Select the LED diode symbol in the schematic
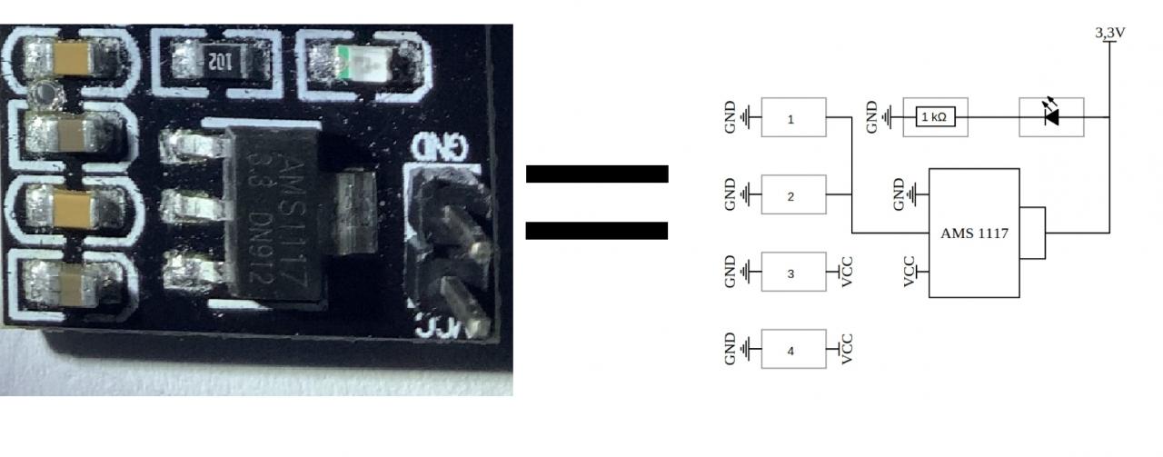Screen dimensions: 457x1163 pos(1051,117)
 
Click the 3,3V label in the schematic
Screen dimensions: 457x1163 pos(1110,33)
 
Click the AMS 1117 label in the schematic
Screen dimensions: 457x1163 pos(974,233)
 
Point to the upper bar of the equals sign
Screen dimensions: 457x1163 pos(597,174)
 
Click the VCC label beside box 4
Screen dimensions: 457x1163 pos(848,350)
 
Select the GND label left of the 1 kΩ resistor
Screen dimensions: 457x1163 pos(872,117)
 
